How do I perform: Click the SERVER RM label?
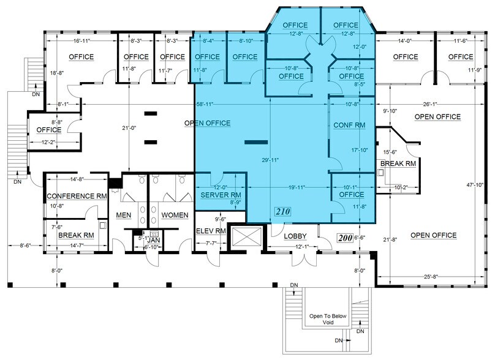pyautogui.click(x=221, y=194)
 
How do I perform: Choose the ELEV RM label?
pyautogui.click(x=211, y=231)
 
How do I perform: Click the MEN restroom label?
pyautogui.click(x=123, y=215)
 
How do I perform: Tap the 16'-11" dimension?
pyautogui.click(x=80, y=41)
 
